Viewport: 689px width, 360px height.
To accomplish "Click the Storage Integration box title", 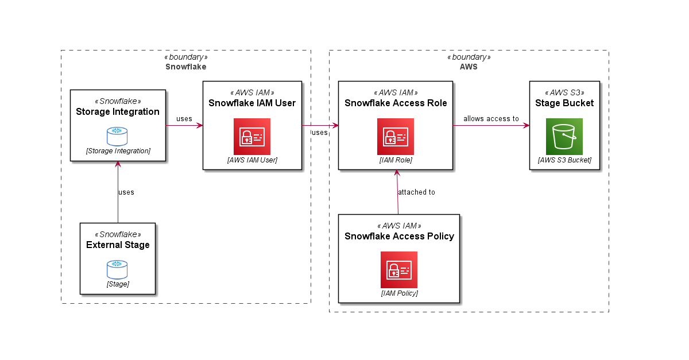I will tap(118, 111).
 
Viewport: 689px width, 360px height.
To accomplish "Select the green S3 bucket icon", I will tap(564, 137).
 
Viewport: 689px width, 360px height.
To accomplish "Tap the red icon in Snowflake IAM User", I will tap(252, 137).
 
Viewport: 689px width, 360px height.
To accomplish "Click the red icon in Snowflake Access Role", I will tap(396, 137).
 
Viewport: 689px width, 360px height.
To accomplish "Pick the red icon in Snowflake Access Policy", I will tap(399, 270).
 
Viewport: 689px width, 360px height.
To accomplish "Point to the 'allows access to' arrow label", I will tap(491, 119).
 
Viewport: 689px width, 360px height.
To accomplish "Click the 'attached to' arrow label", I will tap(416, 192).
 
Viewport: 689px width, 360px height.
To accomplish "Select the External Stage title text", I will tap(118, 245).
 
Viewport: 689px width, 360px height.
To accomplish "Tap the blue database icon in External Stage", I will tap(117, 269).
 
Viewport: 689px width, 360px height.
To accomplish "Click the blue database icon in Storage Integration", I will tap(117, 136).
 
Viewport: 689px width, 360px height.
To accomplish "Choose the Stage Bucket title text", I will tap(564, 103).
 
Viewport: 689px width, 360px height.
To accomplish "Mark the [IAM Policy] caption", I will tap(399, 293).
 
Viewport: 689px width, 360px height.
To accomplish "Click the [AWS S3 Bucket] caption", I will tap(564, 160).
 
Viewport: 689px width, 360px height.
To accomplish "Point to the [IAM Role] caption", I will tap(396, 160).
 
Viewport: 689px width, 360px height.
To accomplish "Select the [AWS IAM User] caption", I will tap(252, 160).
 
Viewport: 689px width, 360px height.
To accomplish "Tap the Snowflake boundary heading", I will tap(185, 67).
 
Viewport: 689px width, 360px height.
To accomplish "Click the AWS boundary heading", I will tap(469, 67).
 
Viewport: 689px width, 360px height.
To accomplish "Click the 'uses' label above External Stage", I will tap(126, 192).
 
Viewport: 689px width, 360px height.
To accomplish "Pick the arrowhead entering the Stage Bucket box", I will tap(525, 125).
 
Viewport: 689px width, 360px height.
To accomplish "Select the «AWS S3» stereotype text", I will tap(564, 92).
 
